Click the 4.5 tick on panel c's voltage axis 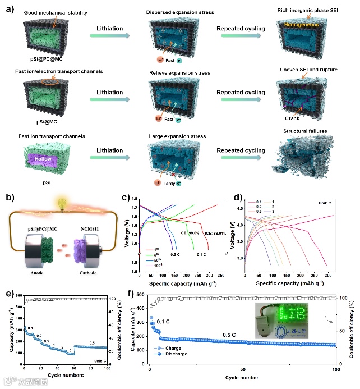click(x=133, y=198)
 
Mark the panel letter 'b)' click(x=7, y=196)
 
